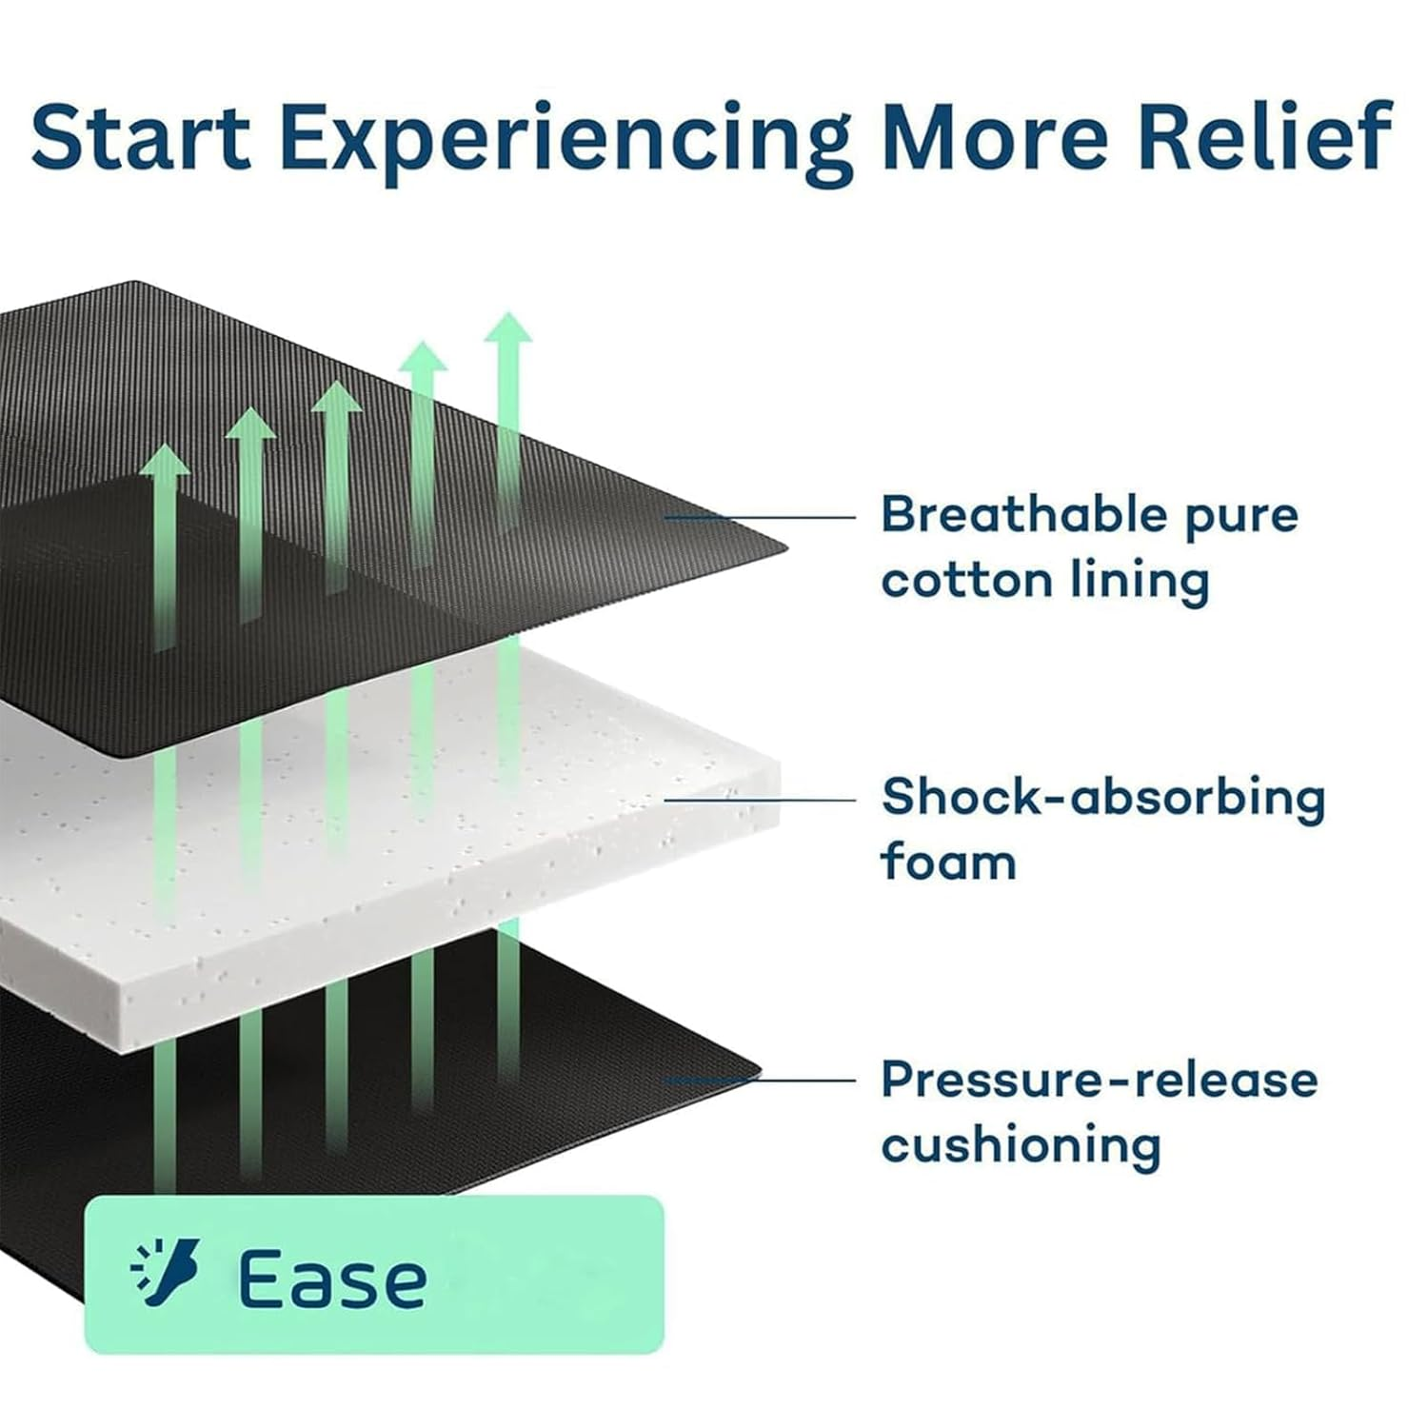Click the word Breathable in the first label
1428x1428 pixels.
pyautogui.click(x=1023, y=515)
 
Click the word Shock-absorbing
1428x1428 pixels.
pyautogui.click(x=1102, y=799)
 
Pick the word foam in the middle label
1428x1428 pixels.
pyautogui.click(x=948, y=862)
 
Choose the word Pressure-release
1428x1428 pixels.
pyautogui.click(x=1100, y=1080)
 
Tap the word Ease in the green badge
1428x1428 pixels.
pyautogui.click(x=331, y=1279)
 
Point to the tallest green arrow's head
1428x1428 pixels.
pyautogui.click(x=508, y=329)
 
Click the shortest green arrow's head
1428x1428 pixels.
pyautogui.click(x=165, y=461)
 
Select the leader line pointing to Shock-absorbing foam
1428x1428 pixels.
pyautogui.click(x=760, y=800)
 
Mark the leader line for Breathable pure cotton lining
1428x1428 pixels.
pyautogui.click(x=760, y=517)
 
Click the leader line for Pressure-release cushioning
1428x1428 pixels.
pyautogui.click(x=760, y=1081)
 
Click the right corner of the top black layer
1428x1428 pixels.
pyautogui.click(x=786, y=548)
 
